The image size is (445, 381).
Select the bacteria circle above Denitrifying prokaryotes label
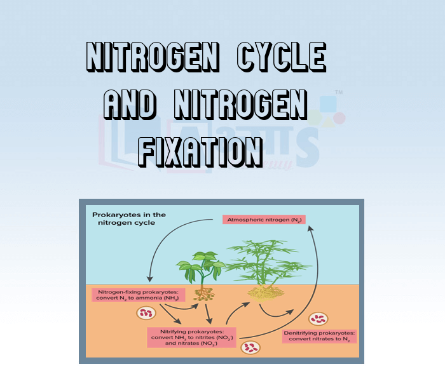click(x=318, y=319)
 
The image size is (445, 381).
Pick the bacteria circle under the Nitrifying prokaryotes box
click(x=252, y=347)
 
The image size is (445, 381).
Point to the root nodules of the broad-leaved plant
click(x=204, y=293)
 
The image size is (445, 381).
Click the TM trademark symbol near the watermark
click(x=339, y=93)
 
